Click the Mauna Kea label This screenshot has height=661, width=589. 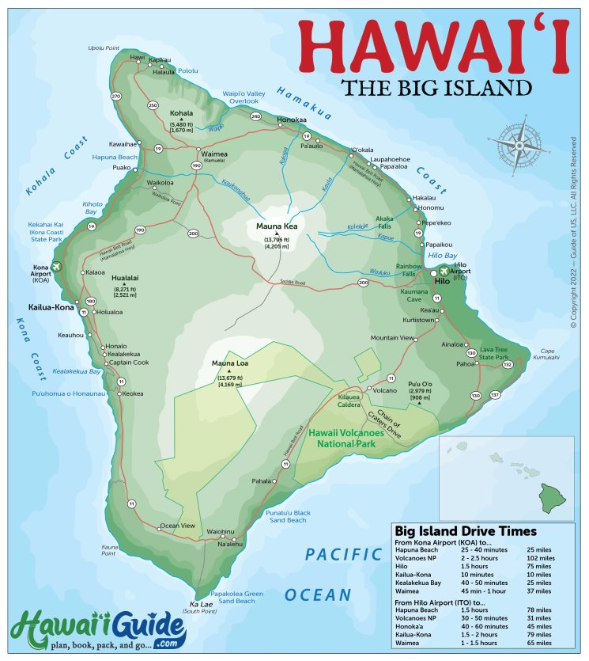click(276, 226)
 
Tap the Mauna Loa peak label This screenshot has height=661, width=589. click(230, 363)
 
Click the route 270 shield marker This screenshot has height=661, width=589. click(117, 96)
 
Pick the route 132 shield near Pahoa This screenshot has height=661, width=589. click(508, 364)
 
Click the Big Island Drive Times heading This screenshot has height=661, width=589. click(466, 531)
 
